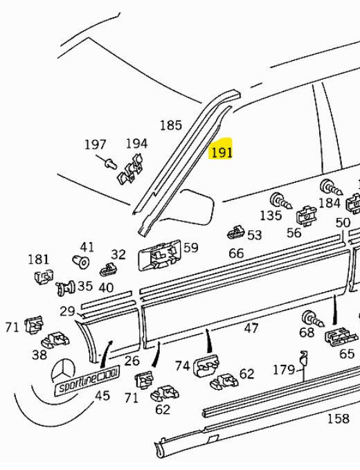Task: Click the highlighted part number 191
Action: [x=222, y=152]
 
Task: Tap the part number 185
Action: [x=171, y=125]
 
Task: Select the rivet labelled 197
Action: [x=111, y=163]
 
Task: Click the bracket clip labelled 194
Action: [x=129, y=170]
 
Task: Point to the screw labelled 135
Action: [x=280, y=201]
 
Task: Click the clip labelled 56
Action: [x=306, y=215]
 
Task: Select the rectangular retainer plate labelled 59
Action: [x=160, y=255]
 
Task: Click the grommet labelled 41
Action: [x=81, y=262]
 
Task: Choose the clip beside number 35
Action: [x=66, y=289]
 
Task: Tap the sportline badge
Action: [x=87, y=380]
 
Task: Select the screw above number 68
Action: [x=313, y=318]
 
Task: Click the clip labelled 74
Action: [x=206, y=365]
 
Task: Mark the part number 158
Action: [x=339, y=419]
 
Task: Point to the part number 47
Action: [x=251, y=328]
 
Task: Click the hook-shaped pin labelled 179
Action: [x=304, y=366]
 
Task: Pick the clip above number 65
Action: [x=341, y=336]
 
